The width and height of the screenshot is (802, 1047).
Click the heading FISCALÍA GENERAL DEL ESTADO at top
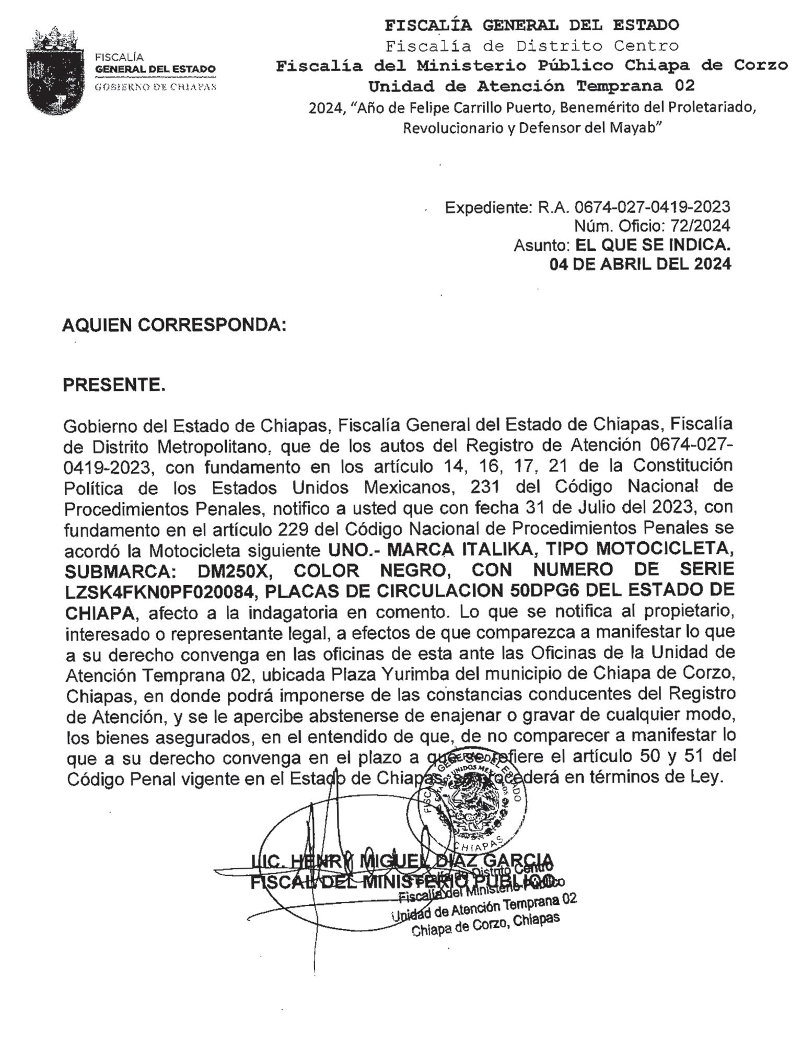(x=531, y=25)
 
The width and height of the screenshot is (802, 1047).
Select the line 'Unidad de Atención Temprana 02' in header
(x=531, y=86)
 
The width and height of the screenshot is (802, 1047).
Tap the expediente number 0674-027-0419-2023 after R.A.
(x=652, y=207)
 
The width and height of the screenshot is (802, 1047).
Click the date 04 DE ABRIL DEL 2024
(x=640, y=264)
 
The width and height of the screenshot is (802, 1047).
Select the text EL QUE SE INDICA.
(x=652, y=245)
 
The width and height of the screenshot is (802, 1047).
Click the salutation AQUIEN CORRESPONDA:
(x=174, y=325)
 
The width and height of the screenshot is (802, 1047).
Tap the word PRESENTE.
(x=114, y=385)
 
